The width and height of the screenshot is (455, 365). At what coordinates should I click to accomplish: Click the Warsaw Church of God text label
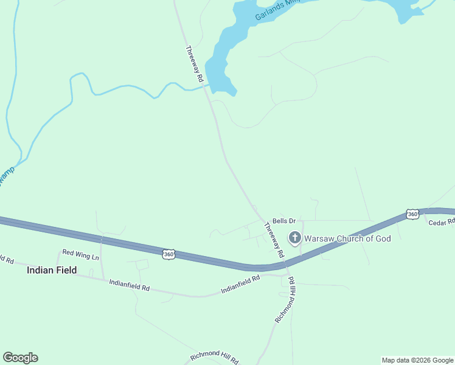347,238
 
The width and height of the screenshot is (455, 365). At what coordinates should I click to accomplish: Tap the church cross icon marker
295,238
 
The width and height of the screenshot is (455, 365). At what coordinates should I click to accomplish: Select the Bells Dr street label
283,221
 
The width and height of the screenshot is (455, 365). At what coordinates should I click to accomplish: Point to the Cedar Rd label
442,223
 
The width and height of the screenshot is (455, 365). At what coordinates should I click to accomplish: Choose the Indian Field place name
52,270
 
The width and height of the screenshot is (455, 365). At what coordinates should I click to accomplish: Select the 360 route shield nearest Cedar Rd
412,214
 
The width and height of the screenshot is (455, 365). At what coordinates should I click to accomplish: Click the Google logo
20,358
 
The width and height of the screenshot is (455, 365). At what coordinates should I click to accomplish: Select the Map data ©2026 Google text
417,360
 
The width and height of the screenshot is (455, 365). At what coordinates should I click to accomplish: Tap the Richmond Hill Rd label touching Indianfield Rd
285,300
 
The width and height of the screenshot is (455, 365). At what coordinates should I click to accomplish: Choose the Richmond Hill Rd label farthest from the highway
214,357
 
